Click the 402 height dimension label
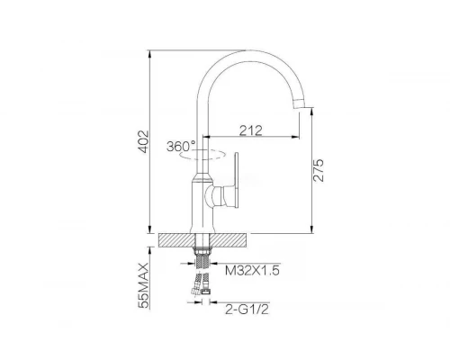click(144, 141)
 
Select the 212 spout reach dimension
click(251, 130)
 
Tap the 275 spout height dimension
click(319, 170)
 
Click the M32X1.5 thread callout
click(252, 271)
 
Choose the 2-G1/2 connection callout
click(247, 310)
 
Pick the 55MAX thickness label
click(144, 285)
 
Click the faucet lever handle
click(236, 180)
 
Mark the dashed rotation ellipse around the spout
click(202, 155)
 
